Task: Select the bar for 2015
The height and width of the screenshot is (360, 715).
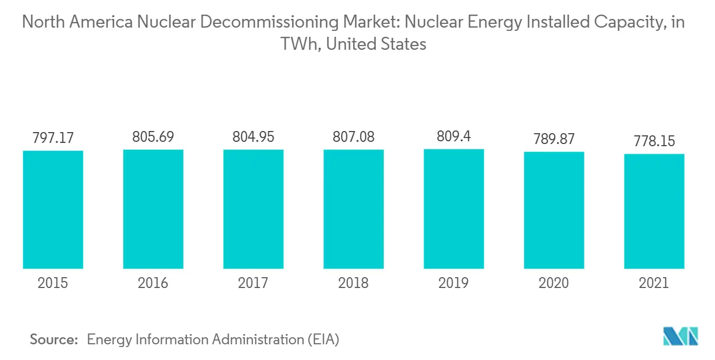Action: (x=53, y=210)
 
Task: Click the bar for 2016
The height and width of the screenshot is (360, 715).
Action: (x=153, y=209)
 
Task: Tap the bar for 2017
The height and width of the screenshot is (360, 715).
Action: (x=253, y=209)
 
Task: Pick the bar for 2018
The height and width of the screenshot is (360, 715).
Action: (x=354, y=209)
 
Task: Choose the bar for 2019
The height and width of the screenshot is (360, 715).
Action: (x=454, y=209)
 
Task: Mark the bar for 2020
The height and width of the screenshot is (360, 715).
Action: (x=554, y=210)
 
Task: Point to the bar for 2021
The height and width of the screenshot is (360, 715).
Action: (x=654, y=211)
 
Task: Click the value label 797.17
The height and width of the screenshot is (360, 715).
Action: (x=53, y=139)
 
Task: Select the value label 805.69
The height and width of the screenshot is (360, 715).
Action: (x=153, y=138)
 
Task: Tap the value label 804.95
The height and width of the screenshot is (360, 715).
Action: (x=253, y=138)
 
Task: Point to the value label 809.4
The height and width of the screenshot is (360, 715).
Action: (x=454, y=137)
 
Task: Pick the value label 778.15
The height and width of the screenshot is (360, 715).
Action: (x=654, y=142)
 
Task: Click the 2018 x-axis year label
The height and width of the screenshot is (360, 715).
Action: (x=354, y=283)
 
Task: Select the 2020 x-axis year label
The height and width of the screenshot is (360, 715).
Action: (x=554, y=283)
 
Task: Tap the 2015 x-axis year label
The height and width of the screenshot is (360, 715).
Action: (x=53, y=283)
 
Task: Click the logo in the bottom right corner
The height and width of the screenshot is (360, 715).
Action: (x=681, y=336)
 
